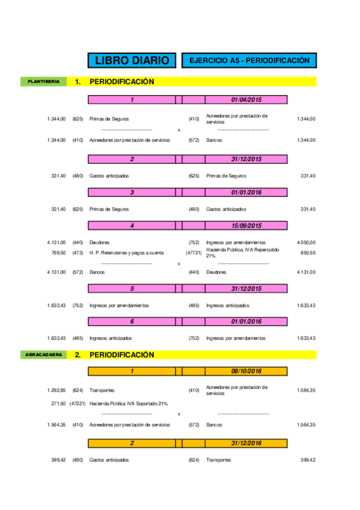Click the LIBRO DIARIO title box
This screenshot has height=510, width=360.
click(132, 61)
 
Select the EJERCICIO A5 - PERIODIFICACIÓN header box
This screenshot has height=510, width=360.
click(249, 61)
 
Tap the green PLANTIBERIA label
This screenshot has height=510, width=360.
click(43, 81)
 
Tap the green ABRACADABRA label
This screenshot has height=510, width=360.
click(43, 355)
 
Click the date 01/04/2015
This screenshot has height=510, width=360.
click(246, 100)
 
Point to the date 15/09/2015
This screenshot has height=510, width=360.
click(246, 226)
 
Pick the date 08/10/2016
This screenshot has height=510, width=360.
click(246, 372)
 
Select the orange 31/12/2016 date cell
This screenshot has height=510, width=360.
click(246, 443)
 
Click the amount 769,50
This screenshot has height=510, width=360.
click(58, 253)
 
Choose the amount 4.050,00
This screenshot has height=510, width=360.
click(306, 242)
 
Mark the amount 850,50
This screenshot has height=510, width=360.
click(308, 253)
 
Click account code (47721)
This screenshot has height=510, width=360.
click(194, 253)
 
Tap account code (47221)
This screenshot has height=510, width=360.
click(78, 404)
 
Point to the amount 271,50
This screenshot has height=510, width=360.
click(58, 404)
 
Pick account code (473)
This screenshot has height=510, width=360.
click(78, 253)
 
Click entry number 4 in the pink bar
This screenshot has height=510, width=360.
click(132, 226)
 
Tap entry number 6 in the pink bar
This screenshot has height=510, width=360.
click(132, 321)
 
